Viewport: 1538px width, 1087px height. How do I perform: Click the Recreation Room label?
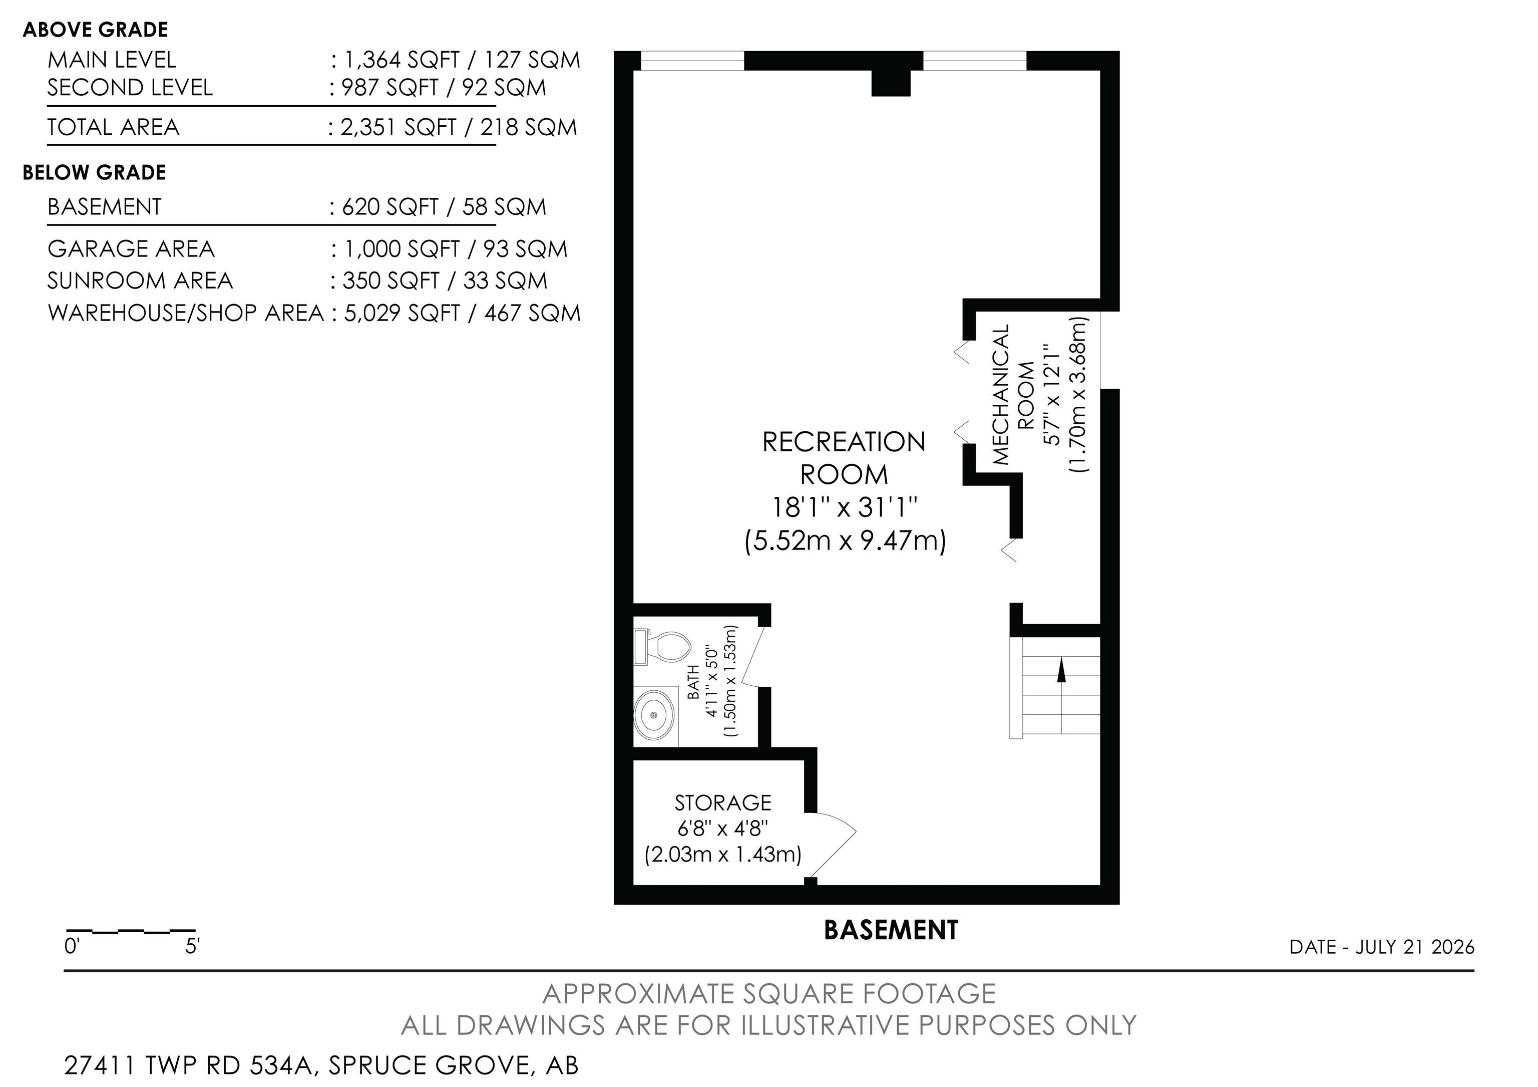[x=844, y=458]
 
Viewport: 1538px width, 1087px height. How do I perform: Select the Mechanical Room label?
[x=1012, y=395]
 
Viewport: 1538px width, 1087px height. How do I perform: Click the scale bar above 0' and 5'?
[x=131, y=931]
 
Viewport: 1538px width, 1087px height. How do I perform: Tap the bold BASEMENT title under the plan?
[x=891, y=930]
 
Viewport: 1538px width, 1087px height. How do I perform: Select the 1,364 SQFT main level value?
[x=401, y=60]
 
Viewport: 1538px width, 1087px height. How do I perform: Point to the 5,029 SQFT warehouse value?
[x=401, y=313]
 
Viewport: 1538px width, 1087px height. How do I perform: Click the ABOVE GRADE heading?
[x=95, y=30]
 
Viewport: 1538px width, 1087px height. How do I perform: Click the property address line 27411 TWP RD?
[x=321, y=1065]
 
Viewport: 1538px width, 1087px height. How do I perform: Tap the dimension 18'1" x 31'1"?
[x=844, y=507]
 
